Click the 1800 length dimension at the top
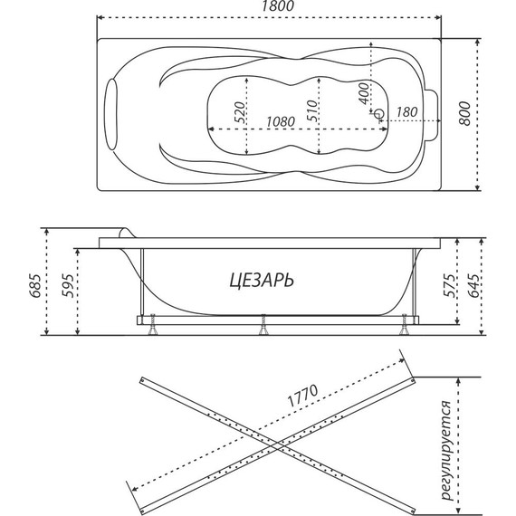(x=269, y=7)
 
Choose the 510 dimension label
(x=311, y=111)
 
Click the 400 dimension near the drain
(x=364, y=91)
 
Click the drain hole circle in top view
(x=379, y=116)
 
